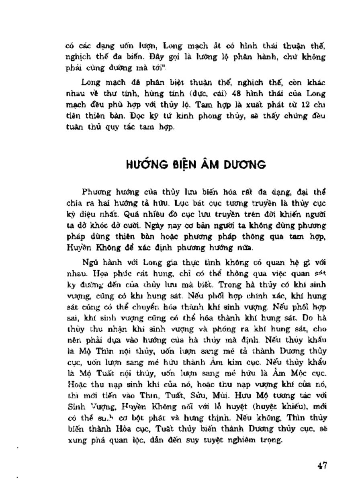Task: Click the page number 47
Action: pyautogui.click(x=321, y=466)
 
